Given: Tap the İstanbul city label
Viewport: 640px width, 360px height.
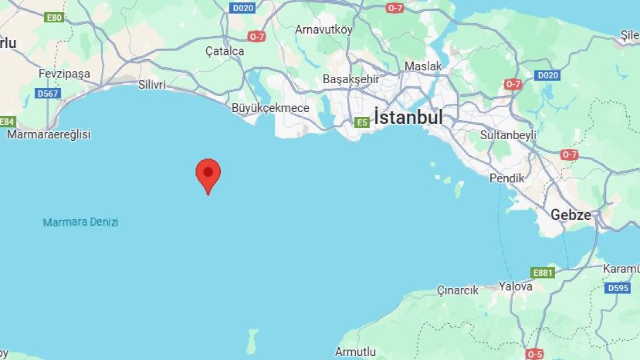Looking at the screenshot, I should pyautogui.click(x=409, y=117).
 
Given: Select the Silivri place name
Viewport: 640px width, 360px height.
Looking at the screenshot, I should pyautogui.click(x=152, y=85).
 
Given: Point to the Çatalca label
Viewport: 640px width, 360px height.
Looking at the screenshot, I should pyautogui.click(x=225, y=51).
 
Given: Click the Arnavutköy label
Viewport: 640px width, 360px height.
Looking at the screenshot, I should pyautogui.click(x=324, y=30).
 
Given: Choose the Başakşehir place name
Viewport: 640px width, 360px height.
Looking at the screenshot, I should pyautogui.click(x=351, y=79).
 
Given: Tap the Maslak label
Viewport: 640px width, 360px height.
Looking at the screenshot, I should pyautogui.click(x=423, y=66).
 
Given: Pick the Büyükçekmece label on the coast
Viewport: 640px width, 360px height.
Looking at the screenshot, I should pyautogui.click(x=270, y=108).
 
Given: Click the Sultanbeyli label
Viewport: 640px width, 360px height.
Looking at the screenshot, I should pyautogui.click(x=508, y=134).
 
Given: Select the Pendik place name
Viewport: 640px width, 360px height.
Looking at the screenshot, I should pyautogui.click(x=507, y=179).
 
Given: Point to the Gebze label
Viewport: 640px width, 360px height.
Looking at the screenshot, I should pyautogui.click(x=571, y=215).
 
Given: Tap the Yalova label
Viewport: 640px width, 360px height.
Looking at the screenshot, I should pyautogui.click(x=515, y=286).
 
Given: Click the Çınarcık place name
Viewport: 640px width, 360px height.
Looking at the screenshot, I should pyautogui.click(x=458, y=290).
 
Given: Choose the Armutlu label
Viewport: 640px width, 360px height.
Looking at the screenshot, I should pyautogui.click(x=355, y=352).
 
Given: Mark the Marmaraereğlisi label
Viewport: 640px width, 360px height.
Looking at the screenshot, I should pyautogui.click(x=49, y=134).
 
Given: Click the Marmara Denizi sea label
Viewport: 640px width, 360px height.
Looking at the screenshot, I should pyautogui.click(x=81, y=222).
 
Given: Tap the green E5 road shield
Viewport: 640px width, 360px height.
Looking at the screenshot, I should pyautogui.click(x=362, y=123).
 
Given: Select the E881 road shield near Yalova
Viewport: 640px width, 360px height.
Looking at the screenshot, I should pyautogui.click(x=543, y=273).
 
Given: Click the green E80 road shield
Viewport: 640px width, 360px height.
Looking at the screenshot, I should pyautogui.click(x=54, y=18).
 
